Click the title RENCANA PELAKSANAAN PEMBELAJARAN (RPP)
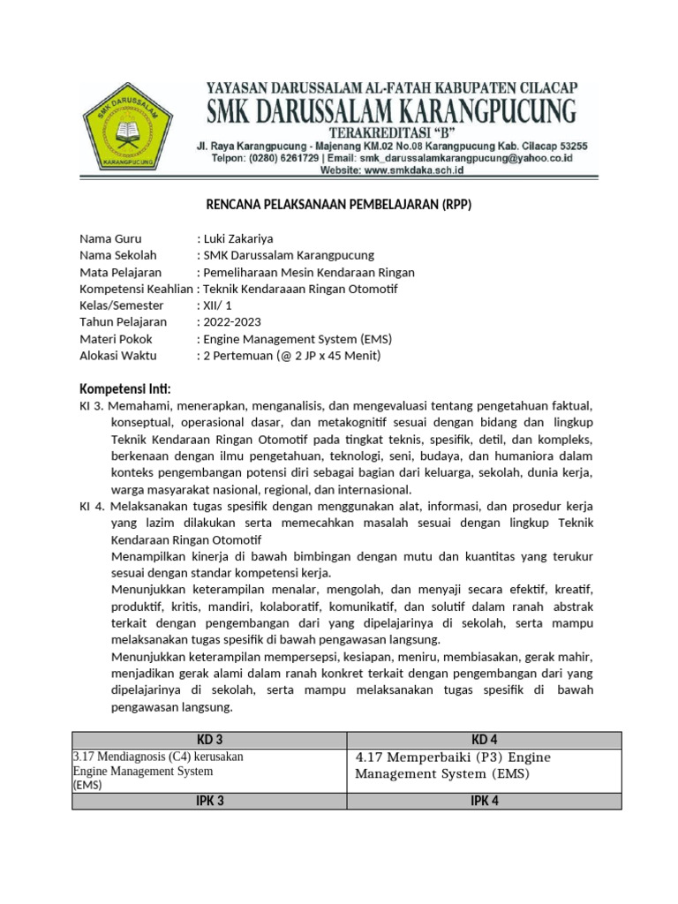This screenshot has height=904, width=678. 339,206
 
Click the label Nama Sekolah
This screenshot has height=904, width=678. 117,255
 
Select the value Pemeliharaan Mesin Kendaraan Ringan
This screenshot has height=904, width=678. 308,272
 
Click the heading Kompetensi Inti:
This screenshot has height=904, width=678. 125,389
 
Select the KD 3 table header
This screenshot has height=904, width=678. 208,740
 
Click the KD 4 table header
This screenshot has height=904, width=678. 485,740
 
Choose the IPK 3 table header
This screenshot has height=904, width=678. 208,801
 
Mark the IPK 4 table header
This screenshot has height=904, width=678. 485,801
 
